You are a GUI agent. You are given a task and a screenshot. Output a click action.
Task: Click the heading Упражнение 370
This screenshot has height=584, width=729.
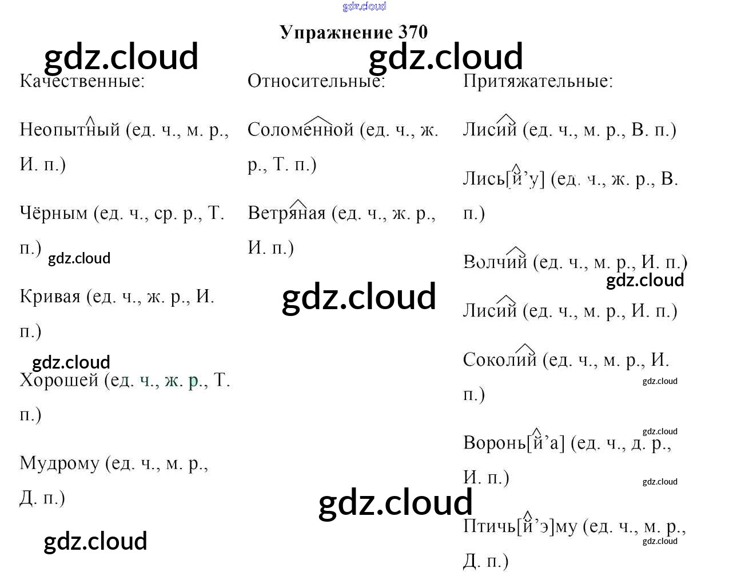[353, 32]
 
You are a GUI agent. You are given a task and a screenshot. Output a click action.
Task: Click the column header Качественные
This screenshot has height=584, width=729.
[82, 81]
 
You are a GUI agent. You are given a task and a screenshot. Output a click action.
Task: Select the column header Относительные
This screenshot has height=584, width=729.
[316, 81]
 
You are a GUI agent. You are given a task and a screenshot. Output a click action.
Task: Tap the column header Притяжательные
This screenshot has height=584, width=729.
[537, 81]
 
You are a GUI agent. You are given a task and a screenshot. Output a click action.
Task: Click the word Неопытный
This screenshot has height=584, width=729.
[70, 130]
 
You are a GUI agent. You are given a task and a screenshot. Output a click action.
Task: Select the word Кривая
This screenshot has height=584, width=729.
[50, 297]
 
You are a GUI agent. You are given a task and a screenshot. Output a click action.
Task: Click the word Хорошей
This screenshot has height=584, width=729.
[59, 380]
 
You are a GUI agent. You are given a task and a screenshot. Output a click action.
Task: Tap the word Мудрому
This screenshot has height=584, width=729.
[59, 463]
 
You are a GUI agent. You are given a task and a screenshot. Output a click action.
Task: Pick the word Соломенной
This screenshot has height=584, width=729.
[301, 130]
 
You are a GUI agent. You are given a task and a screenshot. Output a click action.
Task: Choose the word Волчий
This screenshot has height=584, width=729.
[495, 262]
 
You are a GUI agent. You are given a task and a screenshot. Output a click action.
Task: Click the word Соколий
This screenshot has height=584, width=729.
[500, 359]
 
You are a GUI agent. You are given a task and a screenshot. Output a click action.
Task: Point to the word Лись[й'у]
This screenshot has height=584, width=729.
[504, 179]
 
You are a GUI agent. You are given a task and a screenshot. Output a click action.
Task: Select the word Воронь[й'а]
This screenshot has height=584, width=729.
[513, 443]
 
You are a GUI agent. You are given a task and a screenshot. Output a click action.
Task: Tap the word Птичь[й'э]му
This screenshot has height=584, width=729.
[520, 526]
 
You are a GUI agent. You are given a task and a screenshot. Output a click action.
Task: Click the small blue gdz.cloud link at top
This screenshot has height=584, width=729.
[364, 6]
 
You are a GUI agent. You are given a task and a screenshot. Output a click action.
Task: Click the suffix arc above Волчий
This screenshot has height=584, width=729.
[516, 250]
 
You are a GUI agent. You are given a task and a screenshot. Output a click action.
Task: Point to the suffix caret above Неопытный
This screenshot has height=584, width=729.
[90, 119]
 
